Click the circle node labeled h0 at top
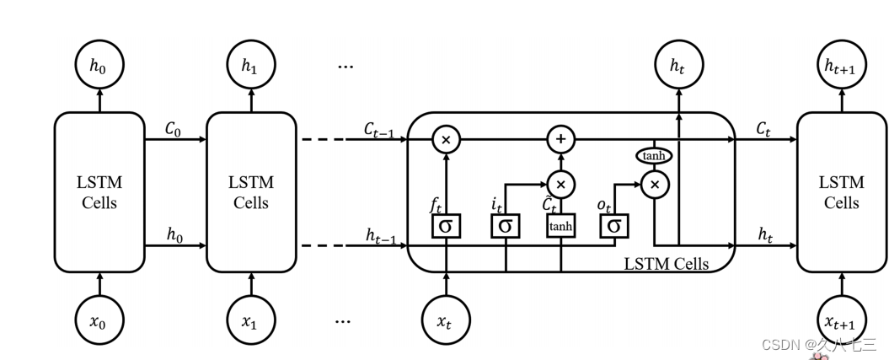pyautogui.click(x=99, y=65)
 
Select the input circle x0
pyautogui.click(x=99, y=320)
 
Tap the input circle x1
pyautogui.click(x=251, y=320)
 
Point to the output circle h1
pyautogui.click(x=251, y=65)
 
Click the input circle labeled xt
pyautogui.click(x=446, y=320)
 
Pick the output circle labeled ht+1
pyautogui.click(x=842, y=65)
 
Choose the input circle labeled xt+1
pyautogui.click(x=842, y=320)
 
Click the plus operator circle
pyautogui.click(x=560, y=139)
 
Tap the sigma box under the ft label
pyautogui.click(x=446, y=225)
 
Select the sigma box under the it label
pyautogui.click(x=505, y=225)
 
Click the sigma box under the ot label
pyautogui.click(x=613, y=225)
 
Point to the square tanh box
pyautogui.click(x=560, y=225)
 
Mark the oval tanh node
pyautogui.click(x=654, y=155)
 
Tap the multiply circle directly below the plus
pyautogui.click(x=560, y=183)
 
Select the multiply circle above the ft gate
pyautogui.click(x=446, y=139)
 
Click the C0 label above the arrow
pyautogui.click(x=174, y=128)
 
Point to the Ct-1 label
pyautogui.click(x=380, y=128)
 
